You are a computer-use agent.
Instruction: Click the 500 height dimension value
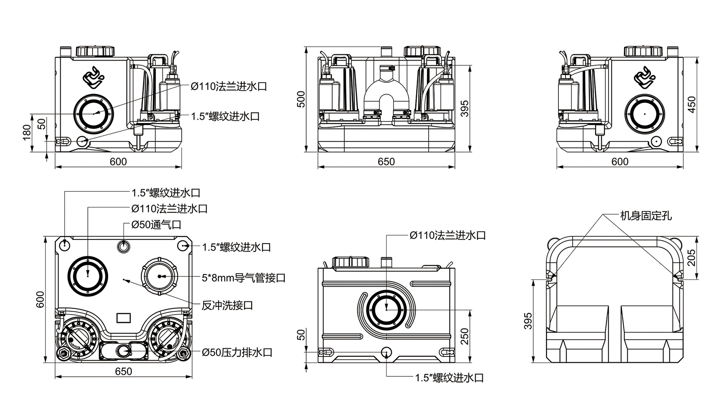click(x=301, y=99)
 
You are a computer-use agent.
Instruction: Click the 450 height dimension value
click(x=692, y=104)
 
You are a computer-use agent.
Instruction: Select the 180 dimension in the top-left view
click(x=27, y=132)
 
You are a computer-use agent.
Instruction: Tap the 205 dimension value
click(x=692, y=258)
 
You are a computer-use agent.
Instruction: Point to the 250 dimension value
click(x=465, y=336)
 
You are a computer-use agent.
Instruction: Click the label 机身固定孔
click(x=646, y=216)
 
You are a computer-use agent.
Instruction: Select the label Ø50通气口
click(x=156, y=225)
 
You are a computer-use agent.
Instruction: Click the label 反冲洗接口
click(x=227, y=305)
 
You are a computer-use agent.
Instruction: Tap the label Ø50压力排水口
click(x=237, y=352)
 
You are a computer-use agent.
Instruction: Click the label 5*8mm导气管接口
click(x=244, y=278)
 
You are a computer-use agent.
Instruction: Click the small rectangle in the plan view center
click(x=123, y=318)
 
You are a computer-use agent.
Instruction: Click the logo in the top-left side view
click(x=93, y=77)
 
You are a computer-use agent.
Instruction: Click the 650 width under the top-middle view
click(x=386, y=162)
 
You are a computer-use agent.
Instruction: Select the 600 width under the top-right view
click(x=620, y=162)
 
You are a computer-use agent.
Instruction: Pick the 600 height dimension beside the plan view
click(x=40, y=299)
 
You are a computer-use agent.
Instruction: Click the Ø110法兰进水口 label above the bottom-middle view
click(x=447, y=235)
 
